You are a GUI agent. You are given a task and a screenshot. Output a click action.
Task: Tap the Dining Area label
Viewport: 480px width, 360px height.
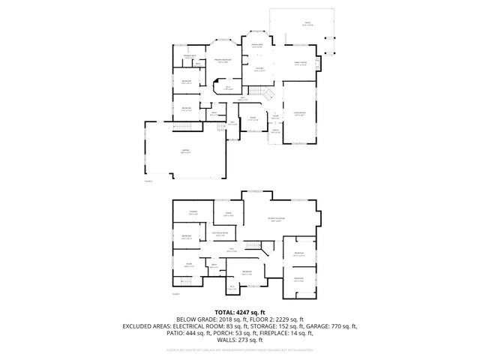click(x=256, y=46)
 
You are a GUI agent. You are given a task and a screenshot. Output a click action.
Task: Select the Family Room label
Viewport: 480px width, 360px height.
click(x=300, y=64)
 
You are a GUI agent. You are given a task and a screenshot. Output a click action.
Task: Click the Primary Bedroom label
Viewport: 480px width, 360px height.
click(x=224, y=61)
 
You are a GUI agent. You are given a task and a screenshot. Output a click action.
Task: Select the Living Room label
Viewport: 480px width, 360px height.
click(x=299, y=114)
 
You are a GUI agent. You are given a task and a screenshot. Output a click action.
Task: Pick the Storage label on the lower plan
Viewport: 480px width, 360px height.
click(x=193, y=214)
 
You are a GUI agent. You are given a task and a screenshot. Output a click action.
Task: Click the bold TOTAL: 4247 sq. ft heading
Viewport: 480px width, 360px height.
click(x=240, y=311)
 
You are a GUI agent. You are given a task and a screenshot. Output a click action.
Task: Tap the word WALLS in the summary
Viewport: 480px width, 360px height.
click(x=223, y=341)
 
